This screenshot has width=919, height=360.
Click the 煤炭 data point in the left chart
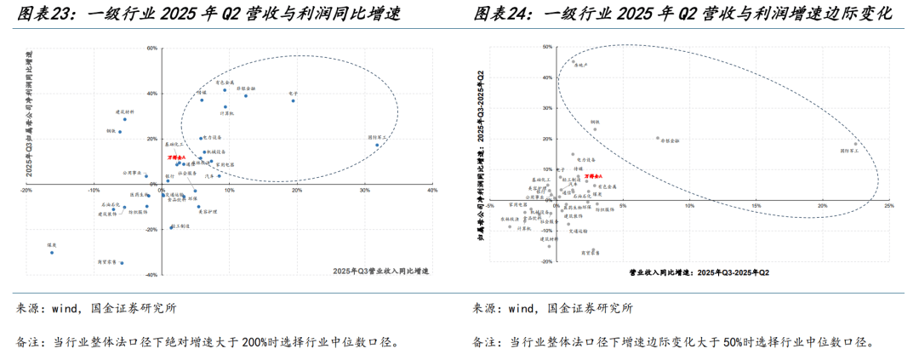51,252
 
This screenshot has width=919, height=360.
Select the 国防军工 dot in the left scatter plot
378,145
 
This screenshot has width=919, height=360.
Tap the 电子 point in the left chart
294,100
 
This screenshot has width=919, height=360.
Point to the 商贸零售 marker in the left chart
122,263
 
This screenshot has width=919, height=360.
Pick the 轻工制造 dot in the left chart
171,226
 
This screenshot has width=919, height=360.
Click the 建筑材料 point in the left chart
124,119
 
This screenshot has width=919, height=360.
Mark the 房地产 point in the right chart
573,60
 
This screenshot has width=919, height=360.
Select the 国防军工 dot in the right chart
856,144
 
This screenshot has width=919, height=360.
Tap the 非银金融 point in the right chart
658,138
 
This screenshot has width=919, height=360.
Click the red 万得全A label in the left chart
176,158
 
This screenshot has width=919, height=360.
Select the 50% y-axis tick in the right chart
548,48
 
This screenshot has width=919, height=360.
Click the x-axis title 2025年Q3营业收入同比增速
380,271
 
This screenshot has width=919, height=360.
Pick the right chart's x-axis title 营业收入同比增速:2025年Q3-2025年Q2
699,272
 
